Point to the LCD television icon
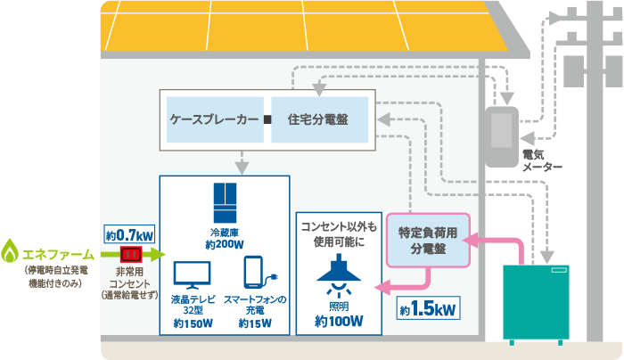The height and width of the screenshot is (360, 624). [x=192, y=274]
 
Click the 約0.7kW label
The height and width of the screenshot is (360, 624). [x=129, y=234]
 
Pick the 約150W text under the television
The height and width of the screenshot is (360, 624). [x=192, y=323]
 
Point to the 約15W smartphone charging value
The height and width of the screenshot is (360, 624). [x=254, y=323]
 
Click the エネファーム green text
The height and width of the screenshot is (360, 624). [x=57, y=253]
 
